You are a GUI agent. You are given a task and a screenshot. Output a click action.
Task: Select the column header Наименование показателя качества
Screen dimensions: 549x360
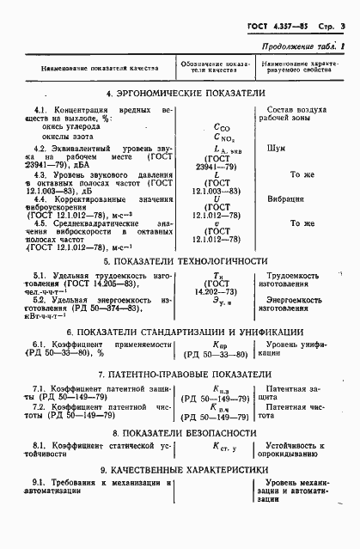(97, 68)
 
